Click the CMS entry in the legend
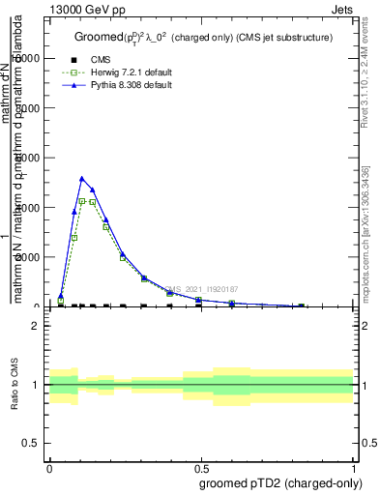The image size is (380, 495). coord(101,60)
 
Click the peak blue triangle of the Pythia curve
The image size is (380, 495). coord(82,179)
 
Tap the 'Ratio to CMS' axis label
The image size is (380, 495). coord(15,385)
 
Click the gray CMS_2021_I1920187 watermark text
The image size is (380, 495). coord(202,289)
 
